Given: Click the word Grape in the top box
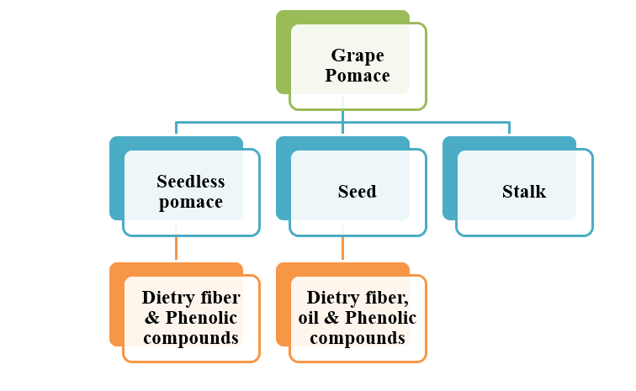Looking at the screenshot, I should click(x=357, y=55).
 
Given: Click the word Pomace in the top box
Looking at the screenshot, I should click(x=358, y=76).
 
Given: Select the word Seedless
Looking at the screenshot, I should click(x=191, y=181).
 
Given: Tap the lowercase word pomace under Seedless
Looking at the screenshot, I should click(x=191, y=202).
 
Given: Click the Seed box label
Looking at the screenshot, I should click(x=357, y=192).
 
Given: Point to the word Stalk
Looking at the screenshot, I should click(x=523, y=192).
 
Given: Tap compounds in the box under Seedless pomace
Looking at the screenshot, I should click(x=190, y=338).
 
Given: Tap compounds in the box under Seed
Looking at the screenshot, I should click(x=358, y=338).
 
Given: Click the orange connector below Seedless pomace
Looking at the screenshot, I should click(x=176, y=249).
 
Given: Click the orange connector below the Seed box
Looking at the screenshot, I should click(x=342, y=249).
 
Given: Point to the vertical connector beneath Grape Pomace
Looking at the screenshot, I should click(x=342, y=115).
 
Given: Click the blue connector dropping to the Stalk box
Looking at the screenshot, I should click(x=509, y=128).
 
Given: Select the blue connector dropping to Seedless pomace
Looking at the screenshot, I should click(x=176, y=128).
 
